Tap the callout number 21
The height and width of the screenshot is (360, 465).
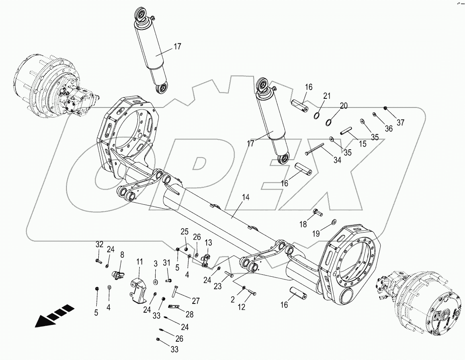327,96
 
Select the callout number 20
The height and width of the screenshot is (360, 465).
344,106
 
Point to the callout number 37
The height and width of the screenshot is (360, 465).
400,123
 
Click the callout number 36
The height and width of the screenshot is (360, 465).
388,128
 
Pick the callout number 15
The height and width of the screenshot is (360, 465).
362,144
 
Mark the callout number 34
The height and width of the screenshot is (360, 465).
338,160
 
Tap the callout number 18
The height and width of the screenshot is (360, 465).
303,224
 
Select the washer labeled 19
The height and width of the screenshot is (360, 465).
333,221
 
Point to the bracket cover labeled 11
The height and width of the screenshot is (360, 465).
138,287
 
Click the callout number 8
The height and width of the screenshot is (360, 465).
122,254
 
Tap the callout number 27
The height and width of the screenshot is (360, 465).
195,301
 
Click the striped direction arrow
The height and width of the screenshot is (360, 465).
54,315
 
